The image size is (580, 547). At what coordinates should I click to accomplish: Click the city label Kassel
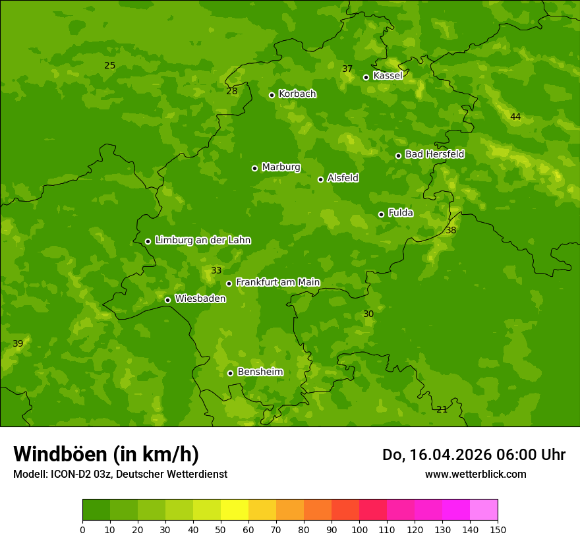pyautogui.click(x=388, y=76)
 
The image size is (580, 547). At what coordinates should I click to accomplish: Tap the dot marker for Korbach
pyautogui.click(x=272, y=95)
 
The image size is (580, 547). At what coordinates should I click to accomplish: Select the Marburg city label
pyautogui.click(x=281, y=167)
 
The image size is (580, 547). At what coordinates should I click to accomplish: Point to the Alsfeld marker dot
pyautogui.click(x=320, y=179)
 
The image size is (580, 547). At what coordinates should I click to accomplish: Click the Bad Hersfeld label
pyautogui.click(x=434, y=154)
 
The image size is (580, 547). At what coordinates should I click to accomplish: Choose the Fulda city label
pyautogui.click(x=401, y=213)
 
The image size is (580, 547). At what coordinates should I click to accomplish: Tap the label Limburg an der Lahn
pyautogui.click(x=202, y=241)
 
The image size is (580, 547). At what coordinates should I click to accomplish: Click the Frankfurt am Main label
pyautogui.click(x=277, y=282)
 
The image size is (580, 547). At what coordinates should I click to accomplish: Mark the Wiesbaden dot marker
pyautogui.click(x=167, y=300)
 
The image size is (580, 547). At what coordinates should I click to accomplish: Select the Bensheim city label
pyautogui.click(x=260, y=372)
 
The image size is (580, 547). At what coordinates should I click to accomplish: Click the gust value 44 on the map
pyautogui.click(x=515, y=117)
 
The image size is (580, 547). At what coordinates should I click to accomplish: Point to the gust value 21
pyautogui.click(x=442, y=409)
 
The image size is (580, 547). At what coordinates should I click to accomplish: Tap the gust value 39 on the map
pyautogui.click(x=18, y=343)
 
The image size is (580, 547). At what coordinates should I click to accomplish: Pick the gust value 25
pyautogui.click(x=109, y=65)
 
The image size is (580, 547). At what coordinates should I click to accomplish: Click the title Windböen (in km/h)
pyautogui.click(x=106, y=454)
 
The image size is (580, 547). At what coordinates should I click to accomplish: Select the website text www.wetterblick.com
pyautogui.click(x=475, y=474)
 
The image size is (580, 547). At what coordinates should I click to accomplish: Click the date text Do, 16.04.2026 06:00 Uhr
pyautogui.click(x=473, y=455)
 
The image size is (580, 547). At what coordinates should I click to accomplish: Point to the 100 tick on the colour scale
pyautogui.click(x=359, y=530)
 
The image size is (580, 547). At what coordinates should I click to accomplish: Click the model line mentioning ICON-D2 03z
pyautogui.click(x=120, y=474)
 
